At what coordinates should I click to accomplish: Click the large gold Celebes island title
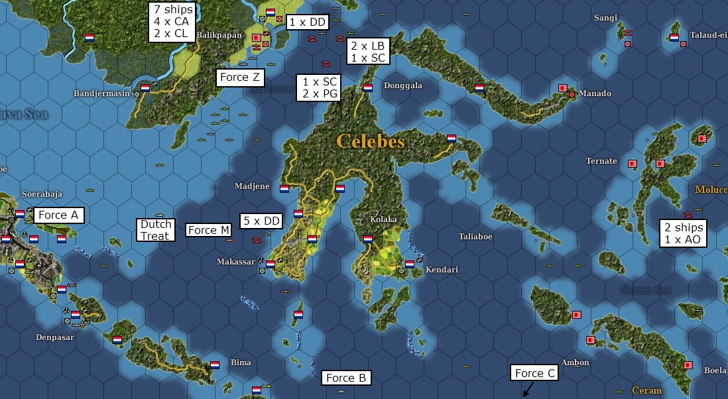[x=370, y=141]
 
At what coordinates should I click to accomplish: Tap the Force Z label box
[x=240, y=78]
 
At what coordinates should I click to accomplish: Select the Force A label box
[x=58, y=215]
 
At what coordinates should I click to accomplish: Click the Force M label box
[x=208, y=230]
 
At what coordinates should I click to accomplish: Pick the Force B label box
[x=345, y=378]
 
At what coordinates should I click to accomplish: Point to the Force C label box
[x=534, y=373]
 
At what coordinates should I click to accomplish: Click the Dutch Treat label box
[x=155, y=230]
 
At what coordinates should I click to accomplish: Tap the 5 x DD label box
[x=261, y=221]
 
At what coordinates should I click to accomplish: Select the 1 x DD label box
[x=308, y=23]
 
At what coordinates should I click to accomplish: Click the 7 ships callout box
[x=172, y=21]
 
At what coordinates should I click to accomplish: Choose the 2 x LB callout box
[x=368, y=51]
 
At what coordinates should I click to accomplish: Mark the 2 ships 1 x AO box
[x=684, y=233]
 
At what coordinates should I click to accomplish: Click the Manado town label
[x=595, y=93]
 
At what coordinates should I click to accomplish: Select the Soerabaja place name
[x=42, y=194]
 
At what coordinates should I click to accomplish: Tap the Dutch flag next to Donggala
[x=367, y=87]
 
